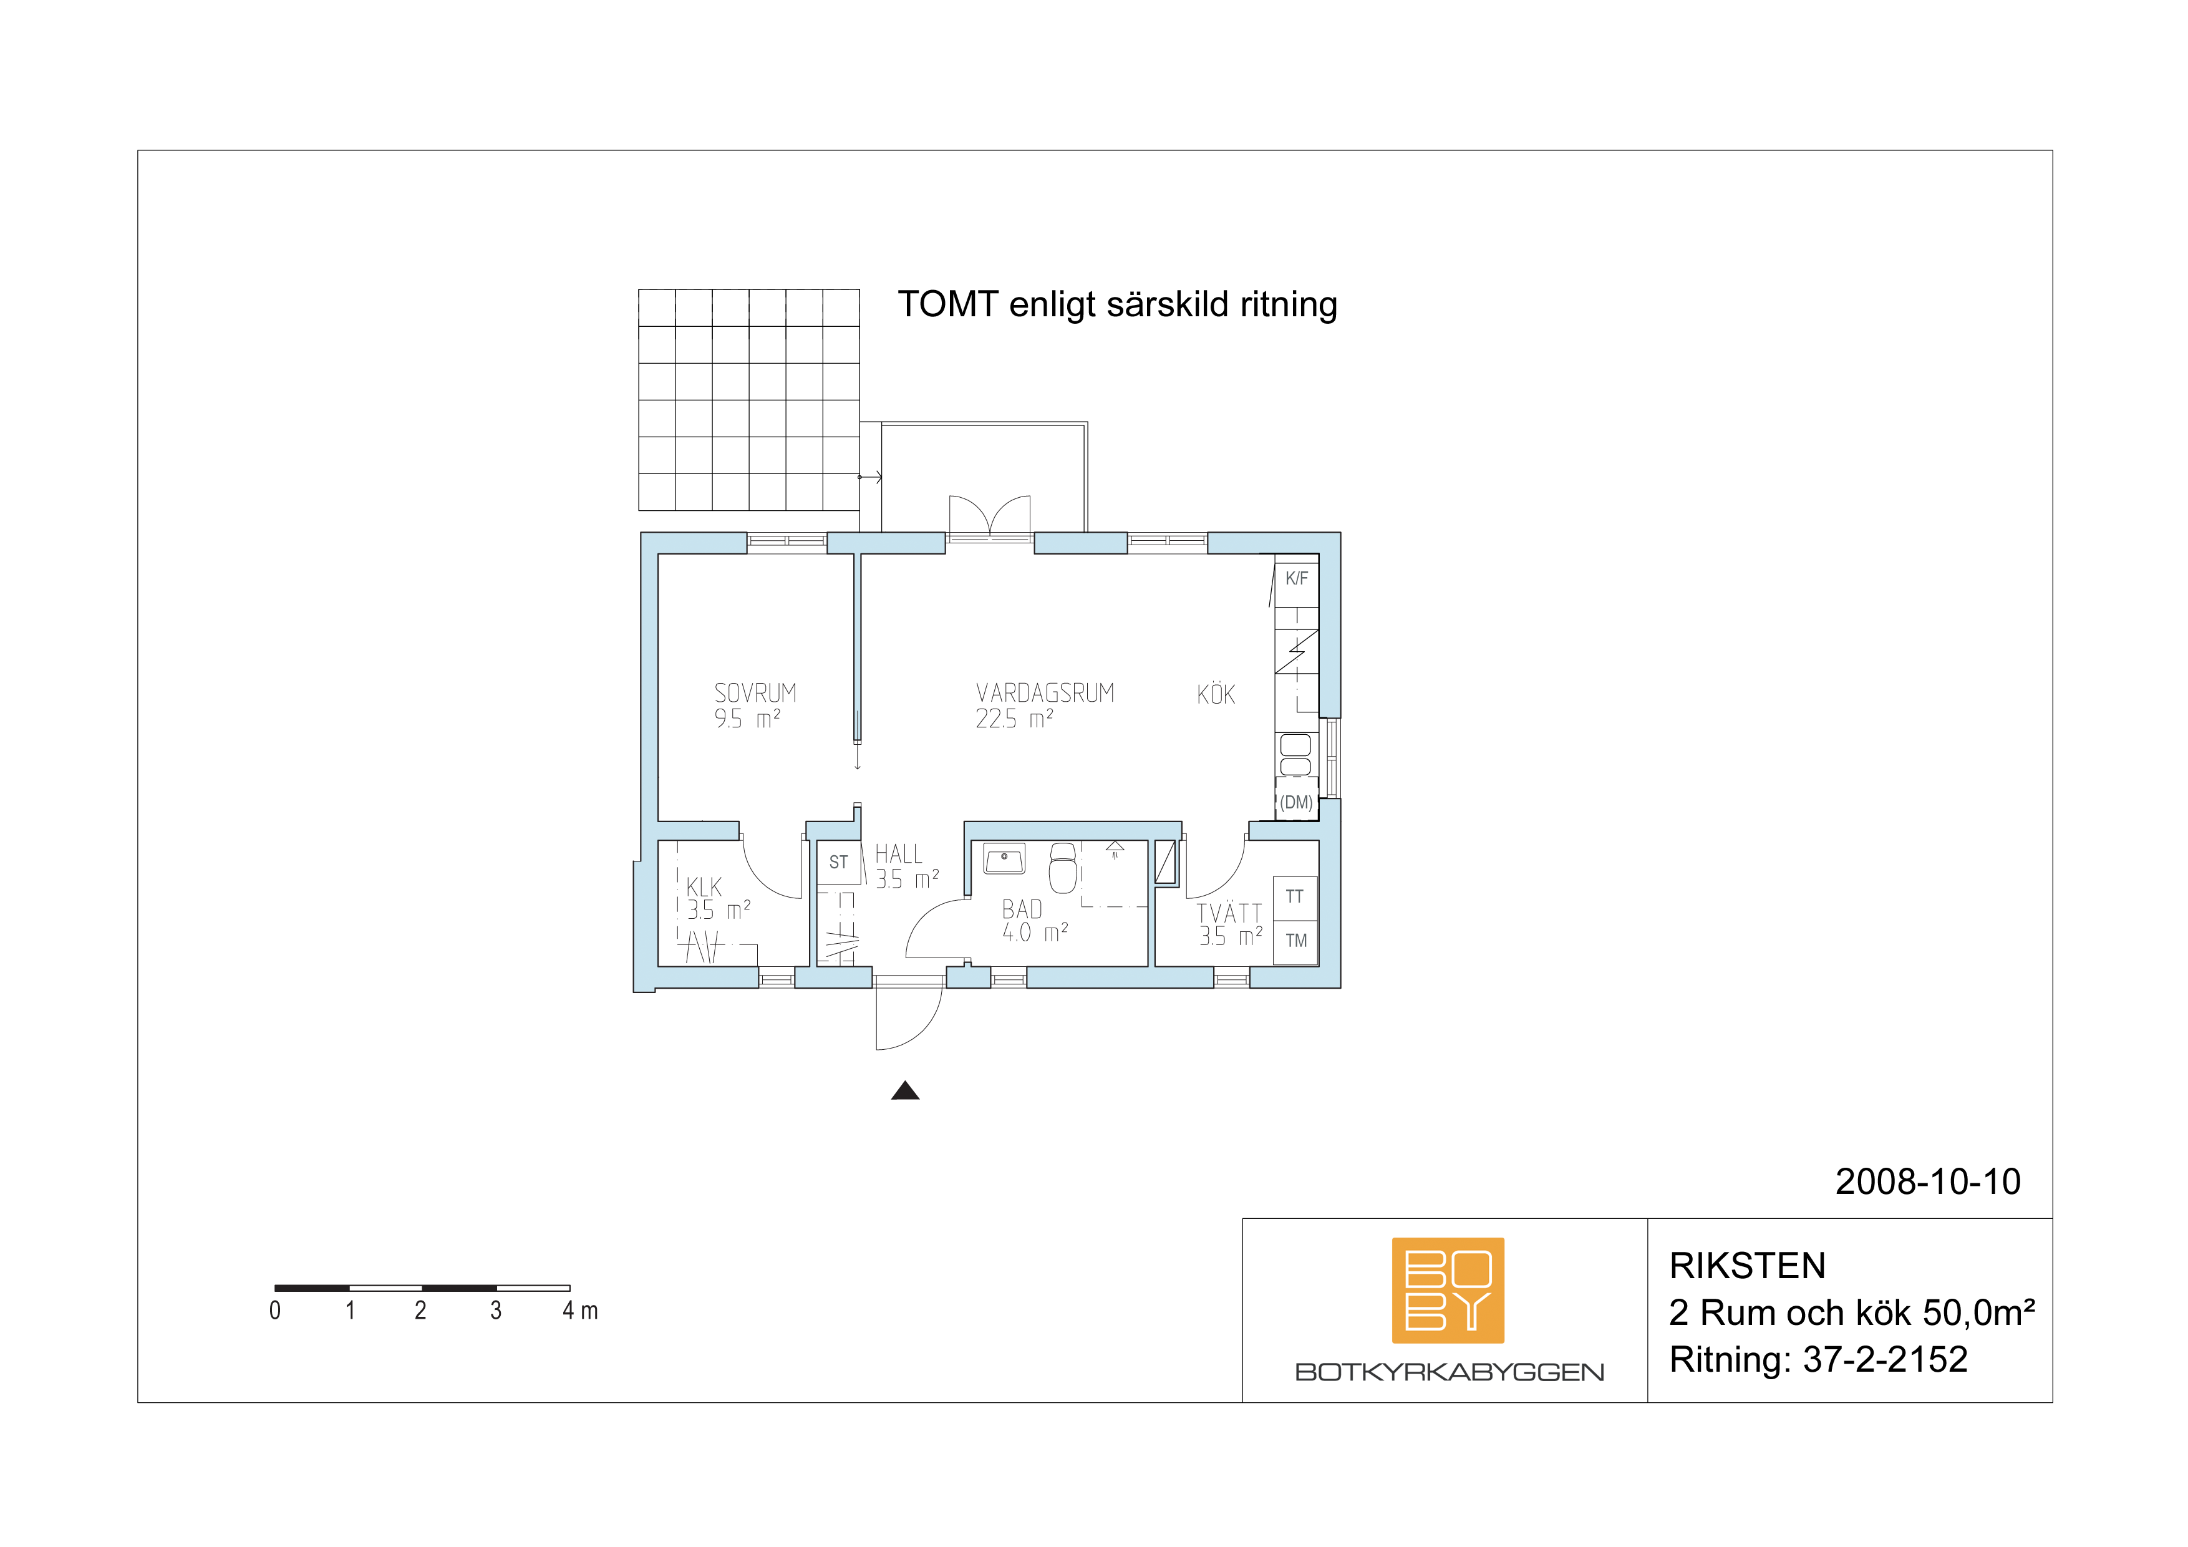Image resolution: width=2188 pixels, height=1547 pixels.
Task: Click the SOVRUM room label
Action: [755, 693]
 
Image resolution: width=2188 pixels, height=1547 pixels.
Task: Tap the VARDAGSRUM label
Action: [1045, 693]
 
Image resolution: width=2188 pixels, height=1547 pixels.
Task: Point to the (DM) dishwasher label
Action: [1296, 803]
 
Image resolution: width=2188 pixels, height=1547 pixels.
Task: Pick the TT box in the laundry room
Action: [1295, 898]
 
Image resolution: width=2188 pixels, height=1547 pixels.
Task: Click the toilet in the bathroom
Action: [1063, 868]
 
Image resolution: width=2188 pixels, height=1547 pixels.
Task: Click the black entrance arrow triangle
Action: [905, 1090]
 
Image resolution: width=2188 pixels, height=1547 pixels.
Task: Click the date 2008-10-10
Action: [1928, 1182]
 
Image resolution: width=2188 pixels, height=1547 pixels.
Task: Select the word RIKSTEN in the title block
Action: [1748, 1266]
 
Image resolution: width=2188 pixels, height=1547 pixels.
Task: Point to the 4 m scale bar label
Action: [580, 1311]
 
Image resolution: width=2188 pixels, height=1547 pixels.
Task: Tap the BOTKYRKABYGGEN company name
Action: [1448, 1372]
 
